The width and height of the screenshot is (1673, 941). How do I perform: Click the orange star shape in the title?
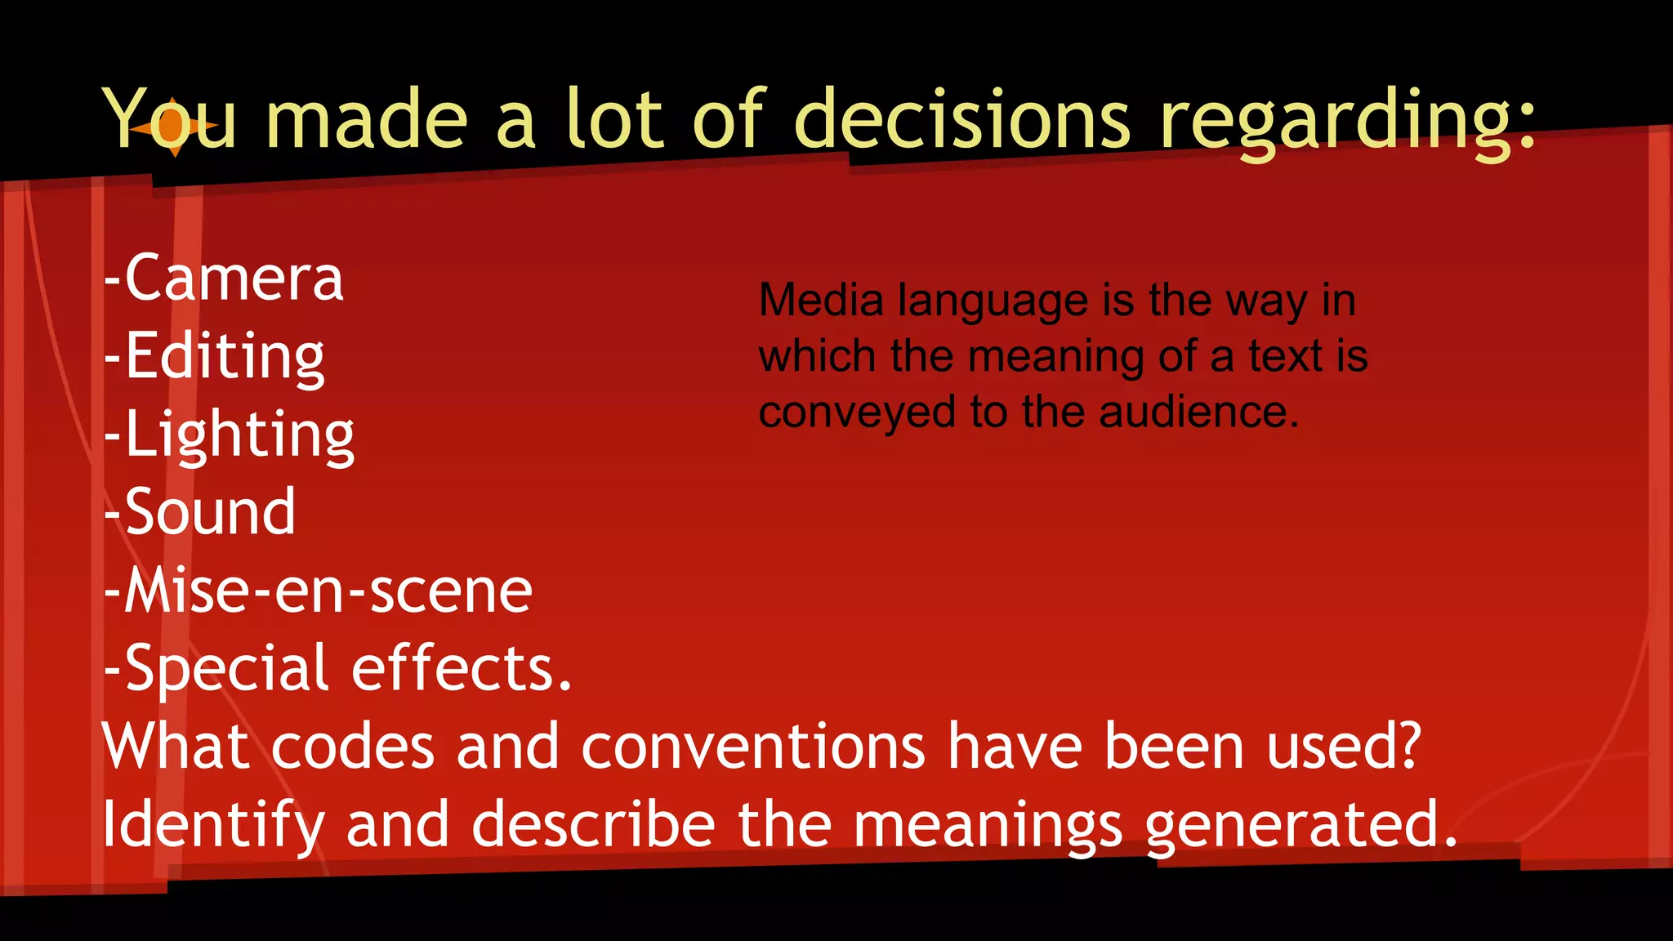click(x=173, y=127)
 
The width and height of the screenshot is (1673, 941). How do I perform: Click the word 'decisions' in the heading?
click(x=961, y=121)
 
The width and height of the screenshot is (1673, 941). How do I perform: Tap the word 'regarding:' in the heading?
click(x=1348, y=123)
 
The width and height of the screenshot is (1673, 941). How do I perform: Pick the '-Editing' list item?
click(x=215, y=357)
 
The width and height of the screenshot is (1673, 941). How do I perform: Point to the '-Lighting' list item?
click(x=230, y=435)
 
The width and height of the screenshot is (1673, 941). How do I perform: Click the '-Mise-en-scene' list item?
click(x=319, y=591)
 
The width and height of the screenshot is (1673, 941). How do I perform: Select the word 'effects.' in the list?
click(x=462, y=668)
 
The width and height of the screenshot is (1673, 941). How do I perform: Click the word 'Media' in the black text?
click(x=821, y=301)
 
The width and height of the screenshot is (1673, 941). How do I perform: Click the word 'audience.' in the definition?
click(x=1198, y=412)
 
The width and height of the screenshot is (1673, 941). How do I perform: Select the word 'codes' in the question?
click(x=353, y=747)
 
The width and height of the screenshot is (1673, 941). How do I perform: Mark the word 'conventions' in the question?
click(x=753, y=747)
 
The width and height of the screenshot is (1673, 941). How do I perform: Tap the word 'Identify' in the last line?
click(x=213, y=825)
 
